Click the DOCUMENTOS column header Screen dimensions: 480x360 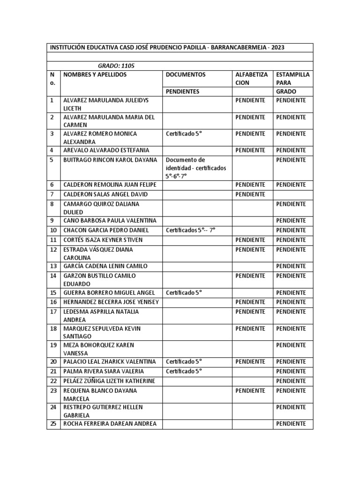click(x=185, y=75)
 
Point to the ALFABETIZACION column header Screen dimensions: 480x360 click(x=251, y=79)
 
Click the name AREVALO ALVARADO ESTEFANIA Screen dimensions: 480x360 click(x=106, y=150)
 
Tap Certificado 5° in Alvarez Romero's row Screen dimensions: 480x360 click(x=183, y=134)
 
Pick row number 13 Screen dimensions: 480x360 click(x=53, y=266)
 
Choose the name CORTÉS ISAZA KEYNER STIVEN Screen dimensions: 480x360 click(x=103, y=240)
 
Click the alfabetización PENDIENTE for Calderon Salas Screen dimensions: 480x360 click(x=250, y=194)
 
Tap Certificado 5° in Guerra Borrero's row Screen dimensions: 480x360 click(x=183, y=292)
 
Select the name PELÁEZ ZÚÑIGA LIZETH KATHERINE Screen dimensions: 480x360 click(x=109, y=381)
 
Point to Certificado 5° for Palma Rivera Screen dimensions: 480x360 click(x=183, y=371)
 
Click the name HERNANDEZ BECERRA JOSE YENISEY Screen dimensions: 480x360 click(x=111, y=302)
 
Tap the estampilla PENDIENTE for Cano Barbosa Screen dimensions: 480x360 click(x=291, y=221)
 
